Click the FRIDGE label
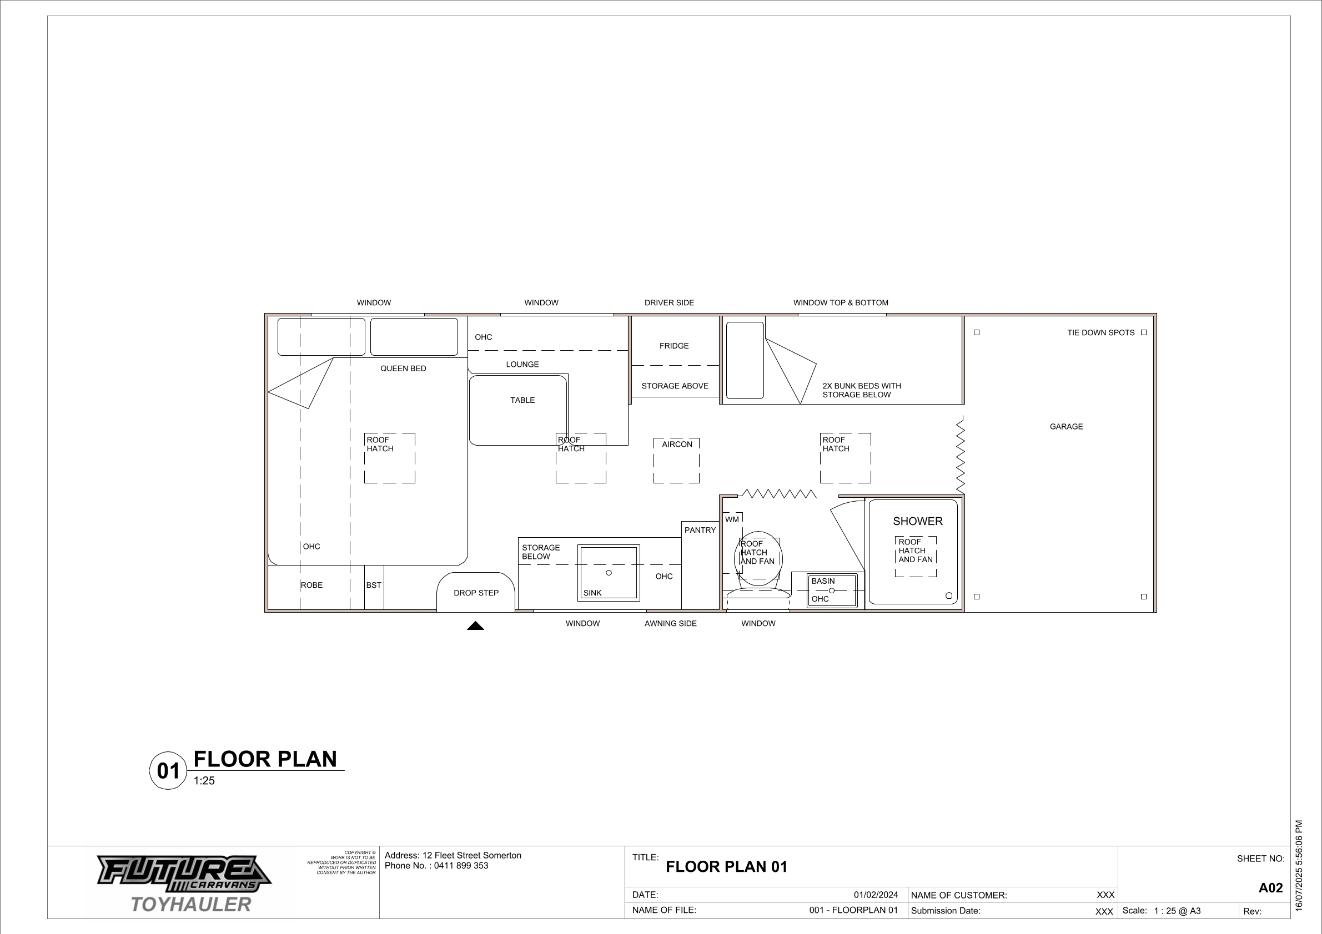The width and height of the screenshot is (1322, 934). click(673, 346)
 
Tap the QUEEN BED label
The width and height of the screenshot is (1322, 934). click(403, 368)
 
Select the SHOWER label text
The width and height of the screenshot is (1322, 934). click(918, 521)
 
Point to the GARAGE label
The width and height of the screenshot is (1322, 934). click(1066, 426)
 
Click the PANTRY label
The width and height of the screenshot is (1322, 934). click(700, 530)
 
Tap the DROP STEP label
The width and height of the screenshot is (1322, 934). click(476, 593)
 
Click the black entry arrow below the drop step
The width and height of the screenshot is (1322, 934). click(476, 625)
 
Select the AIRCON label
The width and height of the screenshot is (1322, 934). click(677, 445)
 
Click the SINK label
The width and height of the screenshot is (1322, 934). click(592, 593)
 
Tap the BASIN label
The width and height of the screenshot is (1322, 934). click(823, 581)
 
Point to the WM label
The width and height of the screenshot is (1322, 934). click(732, 519)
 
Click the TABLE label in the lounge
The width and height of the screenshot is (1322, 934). click(522, 400)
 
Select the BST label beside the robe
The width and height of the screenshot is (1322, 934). click(374, 585)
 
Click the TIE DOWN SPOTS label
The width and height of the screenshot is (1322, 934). click(1100, 332)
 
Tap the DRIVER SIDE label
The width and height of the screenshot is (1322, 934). click(669, 302)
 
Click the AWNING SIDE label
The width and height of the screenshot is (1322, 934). click(670, 623)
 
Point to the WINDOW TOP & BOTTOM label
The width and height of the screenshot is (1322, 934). click(841, 302)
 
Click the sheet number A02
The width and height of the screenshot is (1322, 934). click(1271, 887)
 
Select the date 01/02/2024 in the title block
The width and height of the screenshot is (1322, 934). click(876, 895)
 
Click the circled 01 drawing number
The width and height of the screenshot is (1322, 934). click(168, 771)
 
